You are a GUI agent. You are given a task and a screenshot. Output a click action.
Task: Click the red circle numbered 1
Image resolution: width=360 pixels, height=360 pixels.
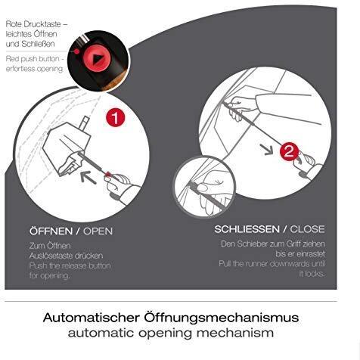tap(115, 117)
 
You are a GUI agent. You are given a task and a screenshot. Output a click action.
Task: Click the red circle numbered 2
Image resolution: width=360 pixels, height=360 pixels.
tap(289, 151)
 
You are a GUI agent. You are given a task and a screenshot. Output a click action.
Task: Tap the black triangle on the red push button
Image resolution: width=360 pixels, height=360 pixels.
tap(97, 59)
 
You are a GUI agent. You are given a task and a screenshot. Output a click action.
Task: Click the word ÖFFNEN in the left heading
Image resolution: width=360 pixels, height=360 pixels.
tap(51, 231)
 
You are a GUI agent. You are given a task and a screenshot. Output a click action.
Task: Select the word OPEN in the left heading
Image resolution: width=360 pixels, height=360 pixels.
tap(98, 231)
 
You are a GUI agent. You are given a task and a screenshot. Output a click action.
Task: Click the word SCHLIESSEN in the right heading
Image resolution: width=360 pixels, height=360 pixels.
tap(247, 229)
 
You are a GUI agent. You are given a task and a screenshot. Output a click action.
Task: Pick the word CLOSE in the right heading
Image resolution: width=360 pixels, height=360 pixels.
tap(307, 229)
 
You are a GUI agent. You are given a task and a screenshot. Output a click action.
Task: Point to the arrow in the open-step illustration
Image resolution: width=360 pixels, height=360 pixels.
tap(88, 177)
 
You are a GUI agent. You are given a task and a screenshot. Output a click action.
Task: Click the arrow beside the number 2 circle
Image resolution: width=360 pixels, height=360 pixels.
tap(267, 149)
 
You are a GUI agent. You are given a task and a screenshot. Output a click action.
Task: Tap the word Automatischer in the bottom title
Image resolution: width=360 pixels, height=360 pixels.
tap(91, 317)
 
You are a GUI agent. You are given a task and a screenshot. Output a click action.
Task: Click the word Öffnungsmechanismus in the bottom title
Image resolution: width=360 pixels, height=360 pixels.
tap(222, 317)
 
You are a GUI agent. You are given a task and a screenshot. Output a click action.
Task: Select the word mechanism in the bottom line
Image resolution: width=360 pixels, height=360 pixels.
tap(235, 333)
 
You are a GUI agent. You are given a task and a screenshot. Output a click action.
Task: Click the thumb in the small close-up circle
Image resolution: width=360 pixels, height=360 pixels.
tap(202, 188)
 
